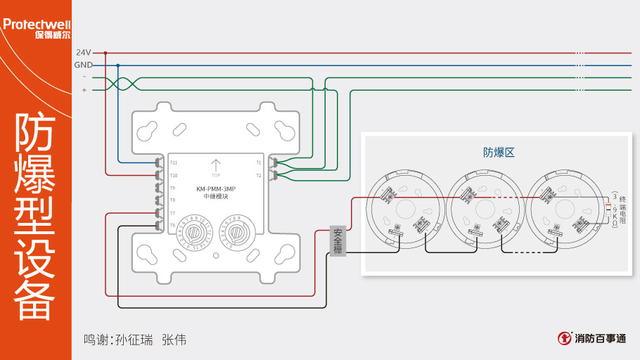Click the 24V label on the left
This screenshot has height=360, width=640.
click(x=83, y=53)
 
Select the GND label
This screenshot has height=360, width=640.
click(x=83, y=65)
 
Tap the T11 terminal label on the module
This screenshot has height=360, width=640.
click(x=173, y=162)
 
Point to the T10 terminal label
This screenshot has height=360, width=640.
click(x=173, y=175)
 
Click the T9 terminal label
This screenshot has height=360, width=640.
click(x=172, y=188)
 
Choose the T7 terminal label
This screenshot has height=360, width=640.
click(x=172, y=212)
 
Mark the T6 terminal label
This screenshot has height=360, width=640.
click(x=172, y=225)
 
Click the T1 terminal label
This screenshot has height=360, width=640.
click(x=258, y=162)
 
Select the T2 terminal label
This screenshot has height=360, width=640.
click(x=258, y=175)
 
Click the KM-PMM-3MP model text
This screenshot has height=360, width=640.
click(x=216, y=189)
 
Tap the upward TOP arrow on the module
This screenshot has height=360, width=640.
click(x=216, y=166)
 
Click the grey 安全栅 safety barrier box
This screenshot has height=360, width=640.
click(x=338, y=241)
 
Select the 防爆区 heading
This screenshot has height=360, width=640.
click(x=499, y=152)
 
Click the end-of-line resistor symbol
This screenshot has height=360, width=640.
click(x=609, y=208)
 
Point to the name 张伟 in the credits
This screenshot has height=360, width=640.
click(x=174, y=340)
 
